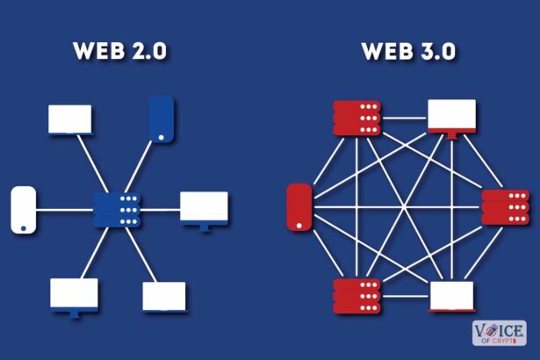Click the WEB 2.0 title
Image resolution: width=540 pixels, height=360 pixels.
(x=119, y=51)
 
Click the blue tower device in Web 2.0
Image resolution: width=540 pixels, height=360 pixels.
(x=162, y=118)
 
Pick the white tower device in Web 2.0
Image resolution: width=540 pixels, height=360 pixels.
(x=22, y=209)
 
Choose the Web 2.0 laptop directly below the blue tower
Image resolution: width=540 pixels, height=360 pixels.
(x=164, y=297)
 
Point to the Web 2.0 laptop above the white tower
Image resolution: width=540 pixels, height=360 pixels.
(x=69, y=118)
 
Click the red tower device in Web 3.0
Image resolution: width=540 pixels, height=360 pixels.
(x=300, y=208)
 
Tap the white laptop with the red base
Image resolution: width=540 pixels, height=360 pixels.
(x=451, y=296)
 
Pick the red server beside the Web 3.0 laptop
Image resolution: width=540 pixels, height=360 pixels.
(x=356, y=294)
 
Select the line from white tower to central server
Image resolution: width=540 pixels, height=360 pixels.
(x=64, y=209)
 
